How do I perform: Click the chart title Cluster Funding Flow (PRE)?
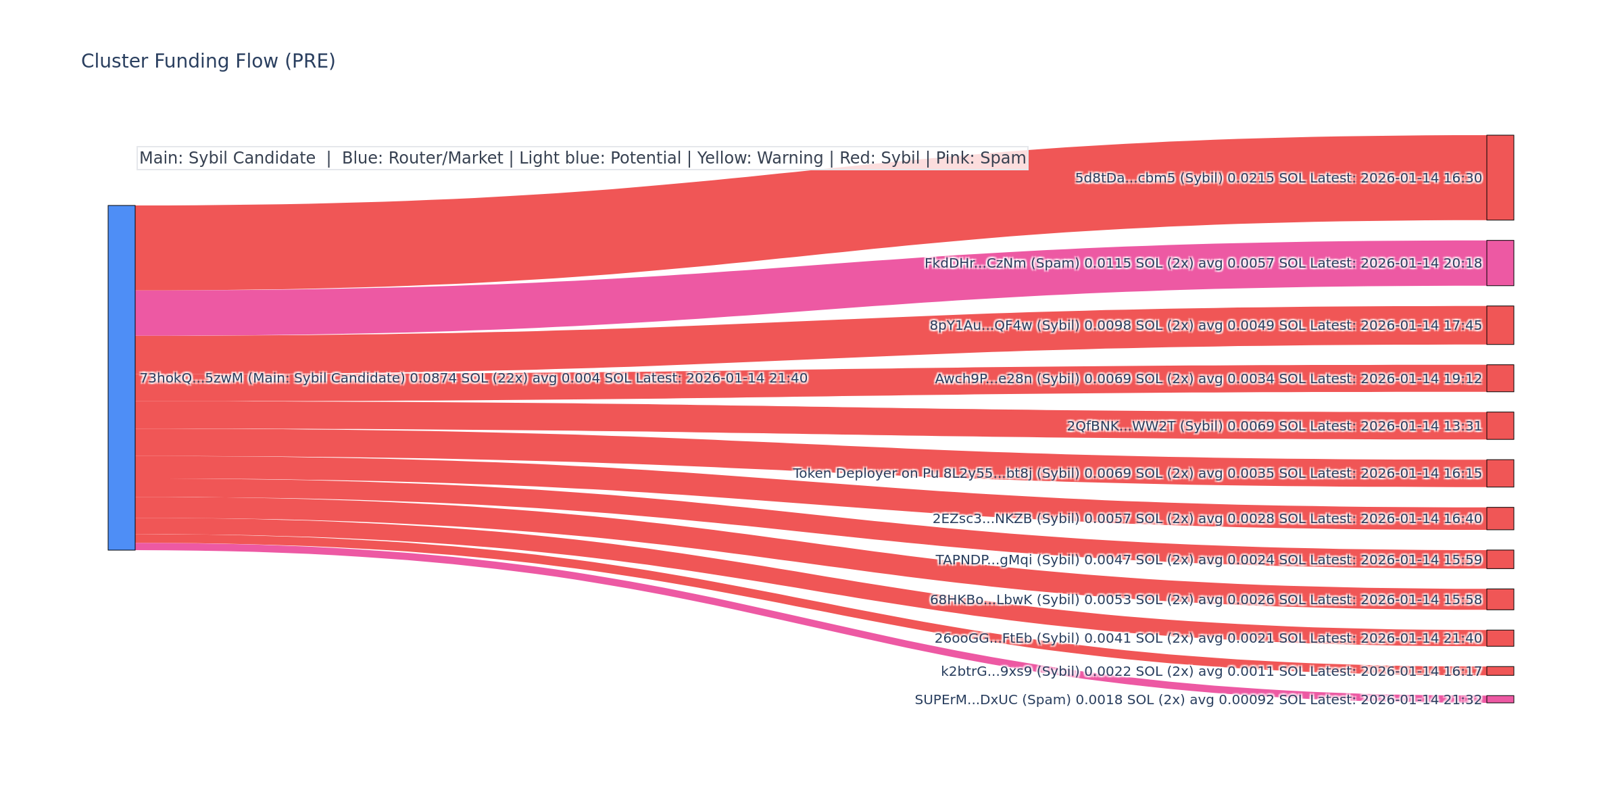pyautogui.click(x=208, y=62)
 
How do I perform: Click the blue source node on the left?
pyautogui.click(x=122, y=378)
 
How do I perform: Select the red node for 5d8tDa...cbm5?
pyautogui.click(x=1500, y=178)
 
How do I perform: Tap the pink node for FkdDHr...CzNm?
pyautogui.click(x=1500, y=263)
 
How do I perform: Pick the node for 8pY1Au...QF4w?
pyautogui.click(x=1500, y=325)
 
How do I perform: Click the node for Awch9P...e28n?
pyautogui.click(x=1500, y=378)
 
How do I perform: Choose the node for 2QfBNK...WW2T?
pyautogui.click(x=1500, y=426)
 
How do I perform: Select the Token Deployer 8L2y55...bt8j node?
pyautogui.click(x=1500, y=473)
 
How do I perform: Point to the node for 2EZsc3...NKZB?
pyautogui.click(x=1500, y=518)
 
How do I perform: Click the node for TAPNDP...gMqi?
pyautogui.click(x=1500, y=560)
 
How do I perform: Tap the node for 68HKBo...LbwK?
pyautogui.click(x=1500, y=599)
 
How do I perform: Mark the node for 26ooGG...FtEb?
pyautogui.click(x=1500, y=638)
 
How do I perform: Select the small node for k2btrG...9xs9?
pyautogui.click(x=1500, y=671)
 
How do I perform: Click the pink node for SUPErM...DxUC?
pyautogui.click(x=1500, y=699)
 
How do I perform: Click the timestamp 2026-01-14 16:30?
pyautogui.click(x=1421, y=178)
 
